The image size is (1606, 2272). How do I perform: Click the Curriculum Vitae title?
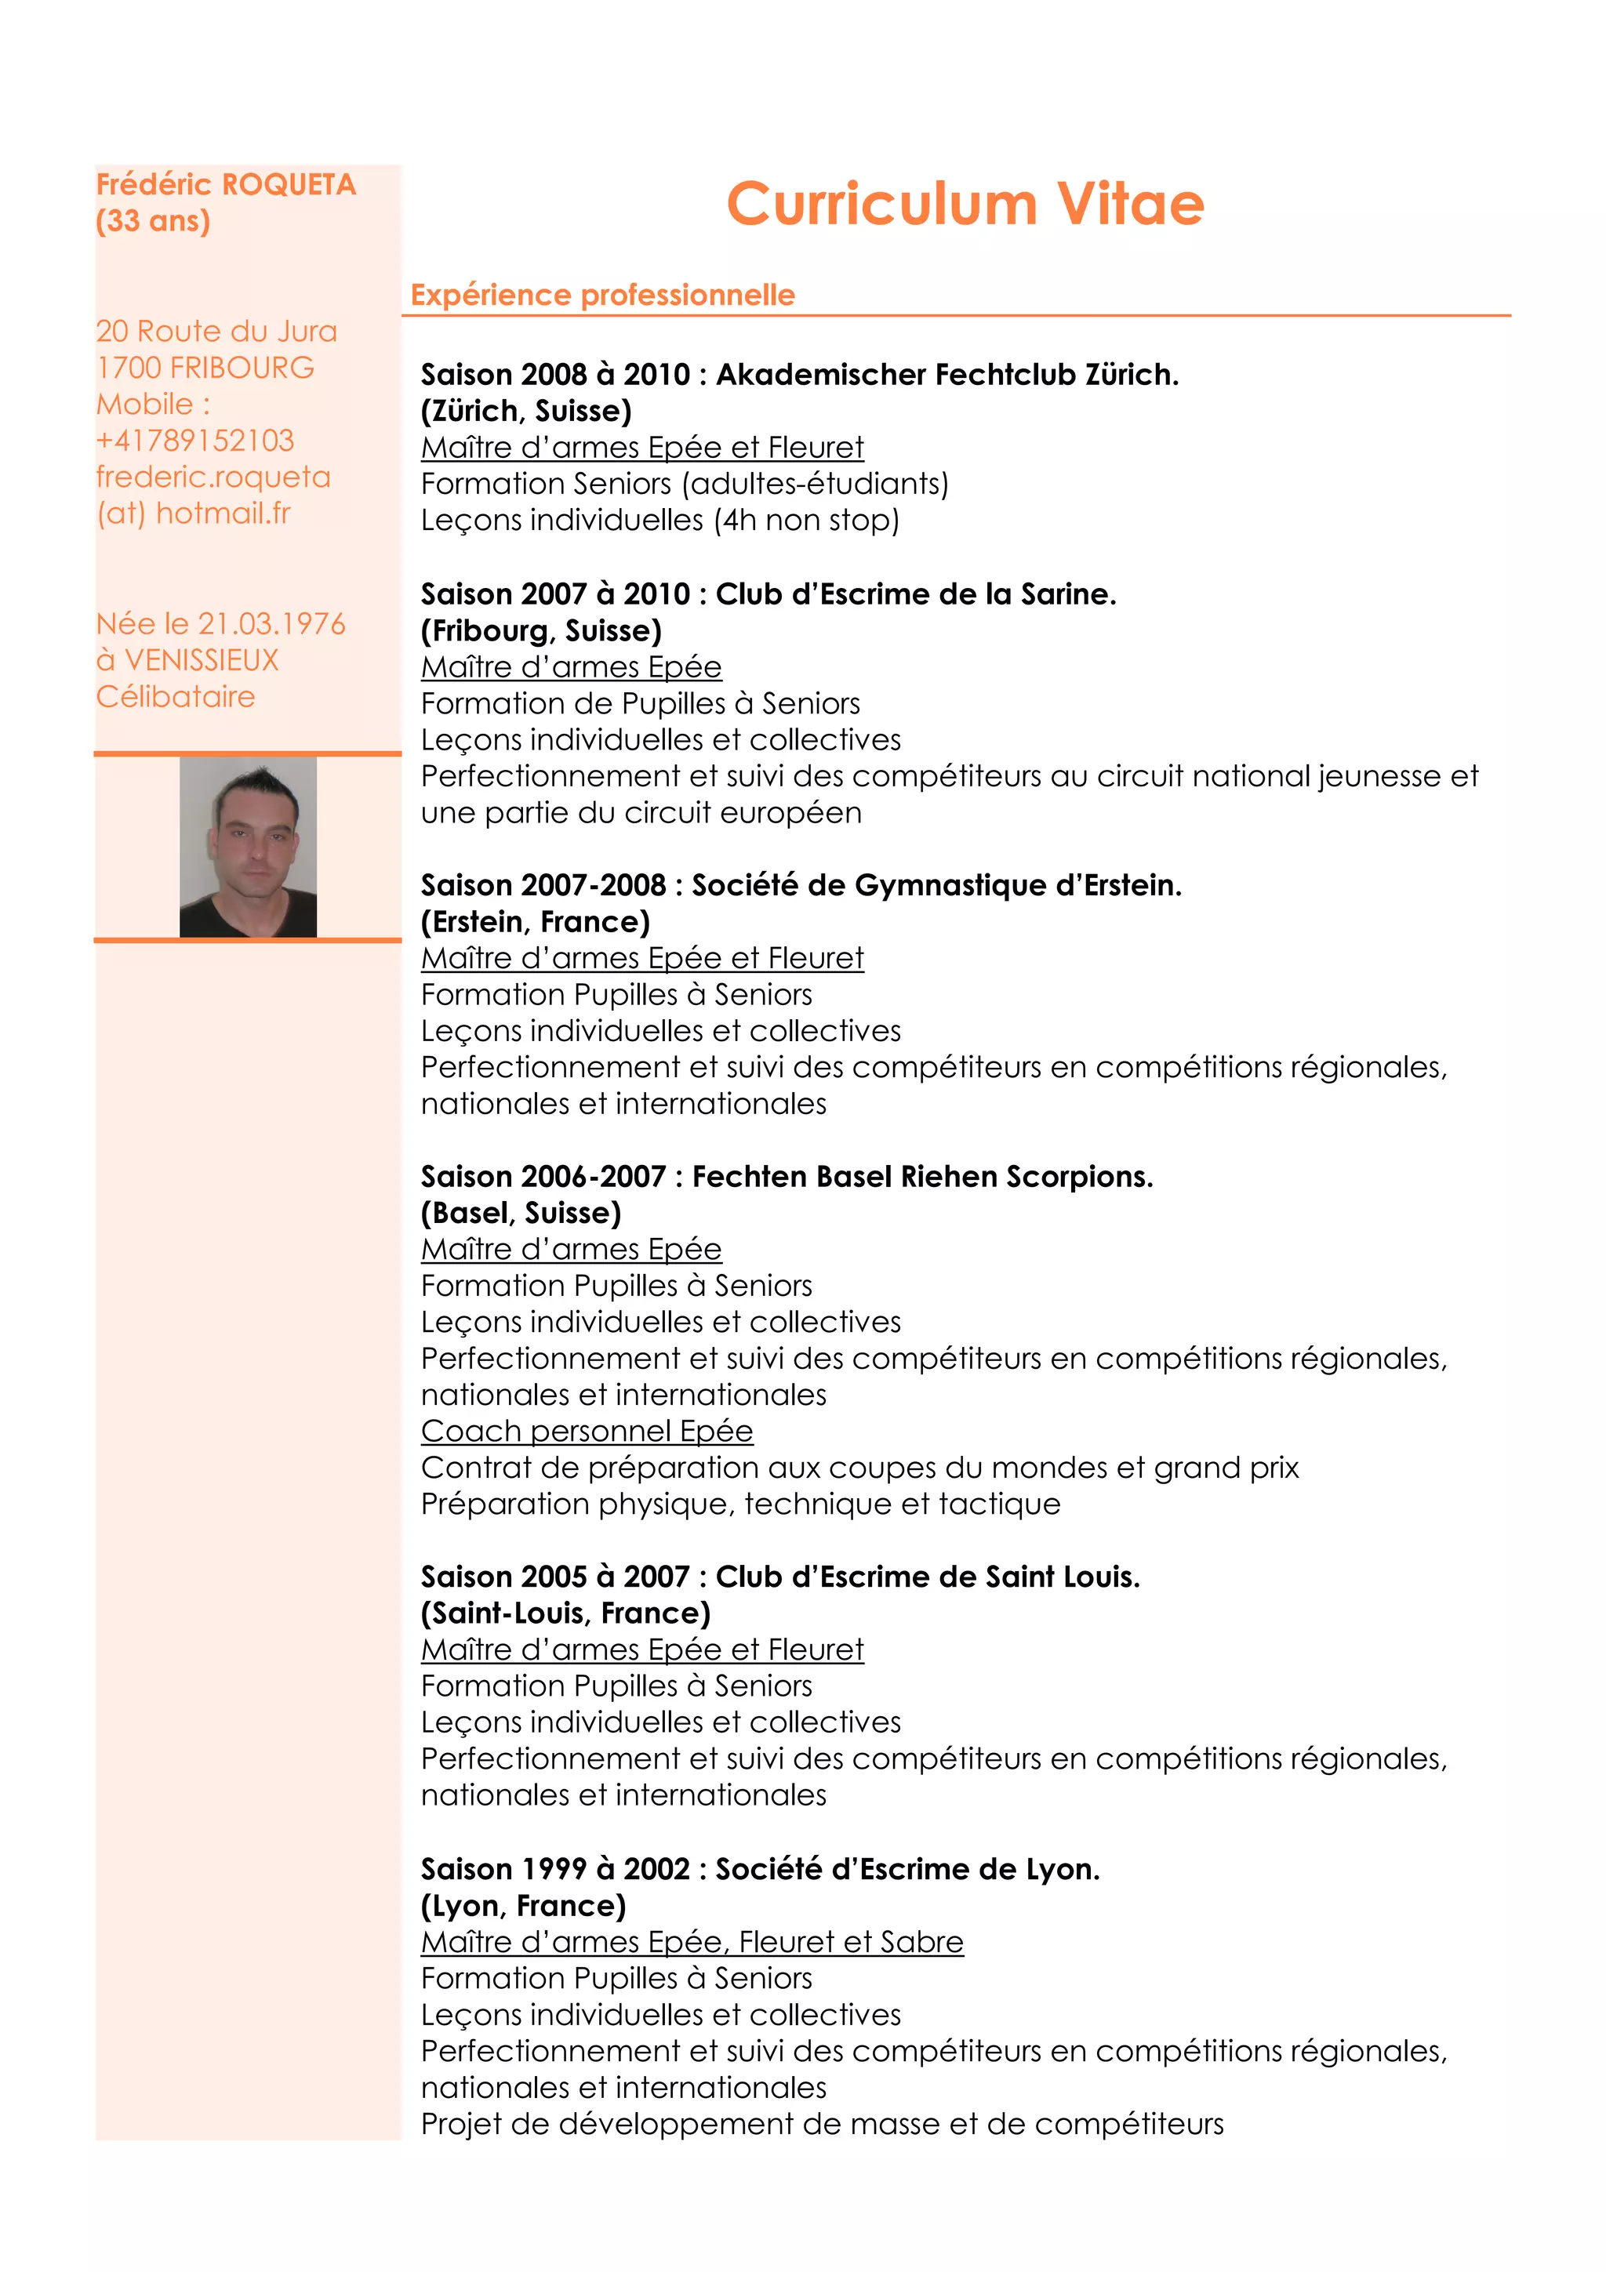tap(965, 204)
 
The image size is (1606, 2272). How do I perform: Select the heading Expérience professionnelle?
tap(602, 295)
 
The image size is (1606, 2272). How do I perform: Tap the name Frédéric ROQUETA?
tap(226, 185)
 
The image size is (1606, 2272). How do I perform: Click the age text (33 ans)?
tap(154, 220)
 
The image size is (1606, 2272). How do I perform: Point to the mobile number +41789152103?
tap(195, 441)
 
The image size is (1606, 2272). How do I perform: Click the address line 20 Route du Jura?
tap(216, 332)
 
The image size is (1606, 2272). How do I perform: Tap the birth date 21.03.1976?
tap(271, 623)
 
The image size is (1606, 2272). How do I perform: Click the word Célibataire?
tap(175, 697)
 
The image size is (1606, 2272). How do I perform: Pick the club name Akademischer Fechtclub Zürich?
tap(947, 375)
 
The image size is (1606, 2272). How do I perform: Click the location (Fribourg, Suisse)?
tap(541, 630)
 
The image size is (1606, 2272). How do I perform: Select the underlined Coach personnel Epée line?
tap(587, 1431)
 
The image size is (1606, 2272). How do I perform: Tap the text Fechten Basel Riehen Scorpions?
tap(922, 1177)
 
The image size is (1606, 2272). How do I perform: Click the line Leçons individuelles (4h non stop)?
tap(660, 521)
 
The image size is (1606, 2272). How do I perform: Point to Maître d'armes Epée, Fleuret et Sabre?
tap(692, 1943)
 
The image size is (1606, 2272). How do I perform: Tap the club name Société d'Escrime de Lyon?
tap(907, 1869)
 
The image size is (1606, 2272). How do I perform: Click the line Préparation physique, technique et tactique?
tap(740, 1504)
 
